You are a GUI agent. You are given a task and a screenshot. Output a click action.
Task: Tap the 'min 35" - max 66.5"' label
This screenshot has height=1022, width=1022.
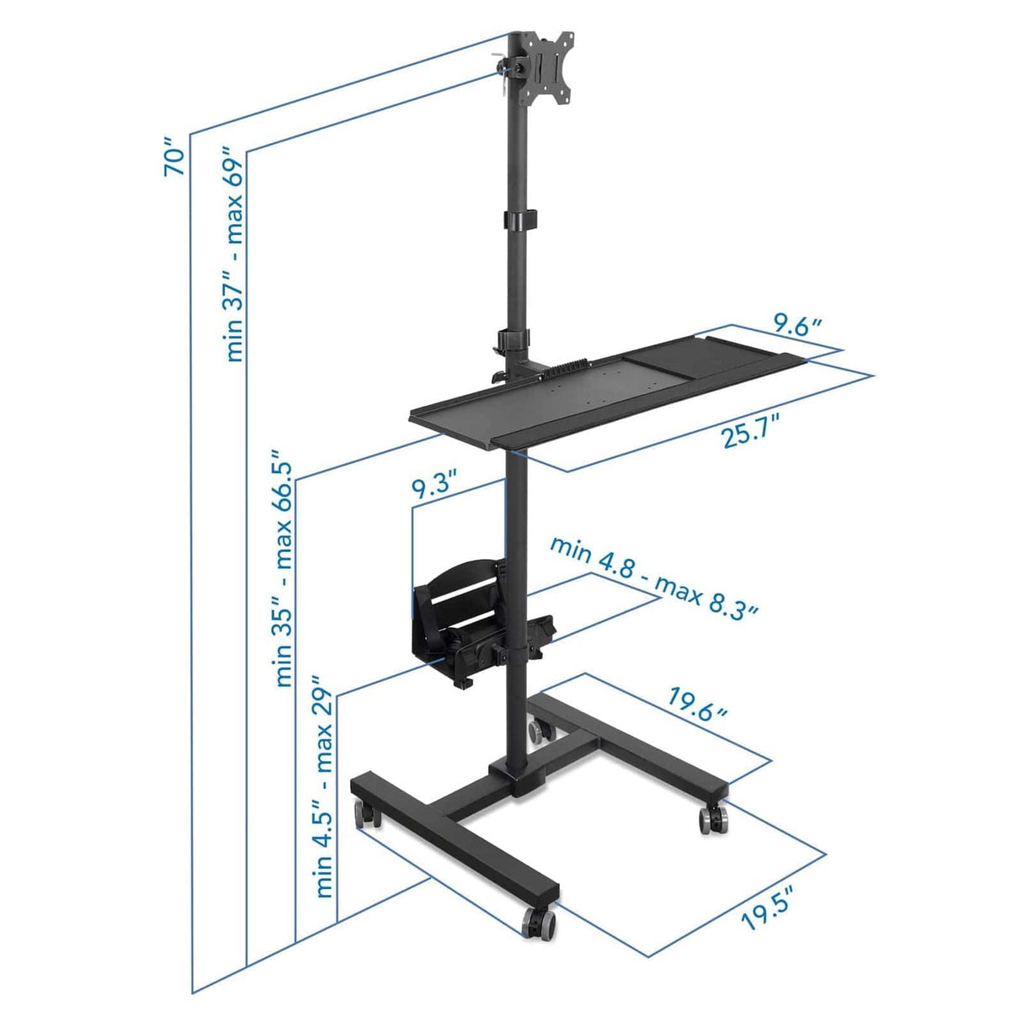(x=284, y=573)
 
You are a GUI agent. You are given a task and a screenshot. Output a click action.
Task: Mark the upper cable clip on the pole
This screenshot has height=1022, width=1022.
(x=521, y=218)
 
